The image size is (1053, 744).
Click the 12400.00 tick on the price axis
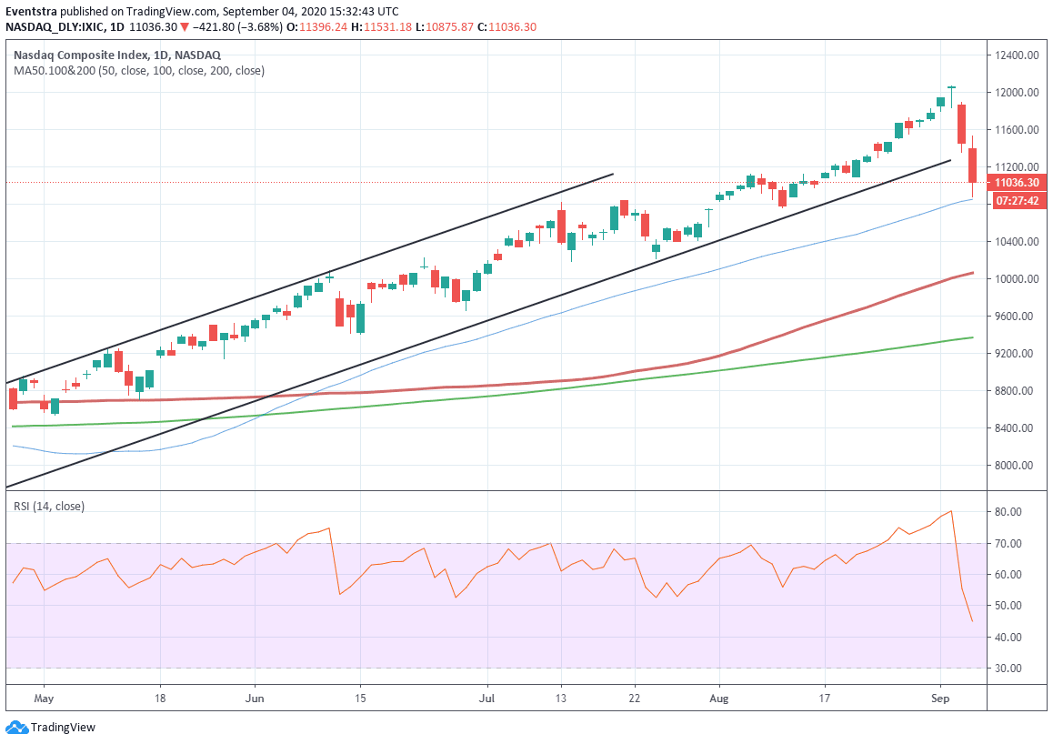coord(1017,55)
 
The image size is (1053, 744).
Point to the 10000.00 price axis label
coord(1017,279)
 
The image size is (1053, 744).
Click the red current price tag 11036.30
coord(1017,183)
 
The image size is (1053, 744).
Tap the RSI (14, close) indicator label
coord(49,506)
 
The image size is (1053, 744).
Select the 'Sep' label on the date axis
coord(940,699)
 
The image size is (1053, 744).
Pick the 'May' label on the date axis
coord(44,699)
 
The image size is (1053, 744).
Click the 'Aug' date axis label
coord(719,699)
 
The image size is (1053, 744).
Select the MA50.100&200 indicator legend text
coord(139,70)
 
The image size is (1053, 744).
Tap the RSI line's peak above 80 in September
coord(951,511)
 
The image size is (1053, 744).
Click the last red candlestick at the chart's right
coord(972,166)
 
